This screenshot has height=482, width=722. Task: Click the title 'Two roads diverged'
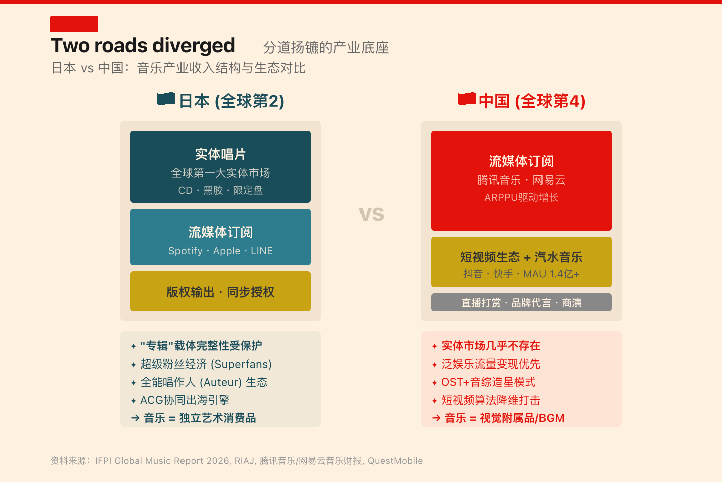point(143,46)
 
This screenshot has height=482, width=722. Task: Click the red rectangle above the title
point(74,24)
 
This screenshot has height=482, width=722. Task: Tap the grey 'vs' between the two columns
point(372,214)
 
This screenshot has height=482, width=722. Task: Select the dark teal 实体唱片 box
point(221,167)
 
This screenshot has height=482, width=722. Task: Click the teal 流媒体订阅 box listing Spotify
point(221,237)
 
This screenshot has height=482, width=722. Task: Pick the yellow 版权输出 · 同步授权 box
point(221,291)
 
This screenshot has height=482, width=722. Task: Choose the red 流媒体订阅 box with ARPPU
point(521,181)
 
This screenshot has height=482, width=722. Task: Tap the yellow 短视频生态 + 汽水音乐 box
point(521,262)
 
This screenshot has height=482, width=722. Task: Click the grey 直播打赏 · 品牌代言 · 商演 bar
point(521,302)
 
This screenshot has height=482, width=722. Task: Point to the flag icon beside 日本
point(166,99)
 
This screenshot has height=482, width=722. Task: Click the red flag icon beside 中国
point(467,99)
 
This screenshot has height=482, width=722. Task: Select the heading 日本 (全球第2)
point(232,101)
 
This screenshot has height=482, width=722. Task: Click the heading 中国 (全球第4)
point(532,101)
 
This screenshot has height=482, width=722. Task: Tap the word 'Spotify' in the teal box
point(186,251)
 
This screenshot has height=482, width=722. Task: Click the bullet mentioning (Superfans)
point(206,364)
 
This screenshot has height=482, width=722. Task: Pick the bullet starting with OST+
point(488,382)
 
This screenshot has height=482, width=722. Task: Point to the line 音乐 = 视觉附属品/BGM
point(504,418)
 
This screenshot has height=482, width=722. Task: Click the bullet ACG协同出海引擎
point(185,400)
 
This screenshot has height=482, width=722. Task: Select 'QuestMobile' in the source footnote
point(395,461)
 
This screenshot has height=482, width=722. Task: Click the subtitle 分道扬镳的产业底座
point(326,48)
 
